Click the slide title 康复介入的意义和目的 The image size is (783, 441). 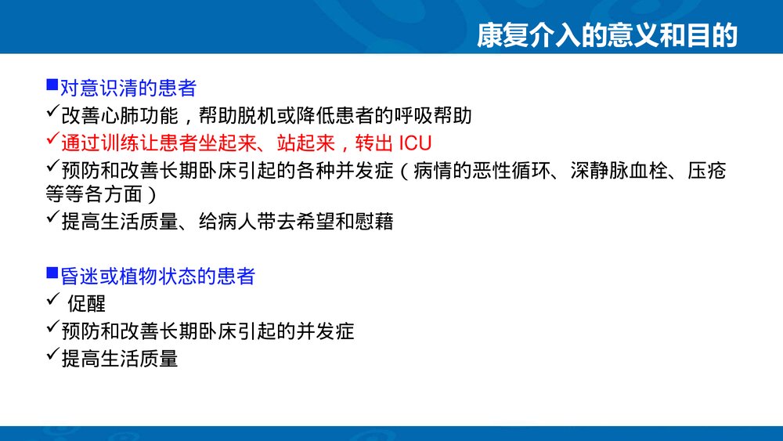pos(608,35)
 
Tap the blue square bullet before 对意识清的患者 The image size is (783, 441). pos(52,84)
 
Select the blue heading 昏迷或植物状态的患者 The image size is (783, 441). pos(157,276)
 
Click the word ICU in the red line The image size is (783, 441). pos(415,143)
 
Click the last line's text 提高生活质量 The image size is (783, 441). pos(120,358)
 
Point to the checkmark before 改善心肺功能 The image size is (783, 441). pos(52,114)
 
